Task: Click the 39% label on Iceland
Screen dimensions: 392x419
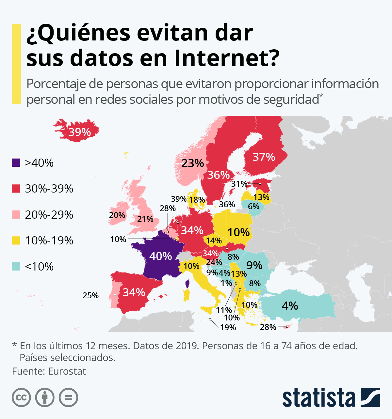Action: [80, 132]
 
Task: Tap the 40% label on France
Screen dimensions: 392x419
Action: [160, 256]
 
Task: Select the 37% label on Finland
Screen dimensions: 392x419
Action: [264, 157]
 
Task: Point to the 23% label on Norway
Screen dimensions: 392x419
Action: [193, 163]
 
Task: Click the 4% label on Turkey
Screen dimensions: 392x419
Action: [290, 305]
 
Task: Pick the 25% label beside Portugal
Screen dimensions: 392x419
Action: [90, 295]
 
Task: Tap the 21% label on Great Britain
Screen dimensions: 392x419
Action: [145, 219]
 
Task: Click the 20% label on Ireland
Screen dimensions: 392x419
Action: [117, 215]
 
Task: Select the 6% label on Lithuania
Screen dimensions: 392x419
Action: [253, 206]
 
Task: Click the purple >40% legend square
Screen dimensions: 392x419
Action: [16, 163]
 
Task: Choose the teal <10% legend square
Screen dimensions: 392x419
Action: [16, 267]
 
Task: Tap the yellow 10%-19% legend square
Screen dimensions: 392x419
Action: [16, 240]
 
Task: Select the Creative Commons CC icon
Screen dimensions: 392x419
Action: [21, 397]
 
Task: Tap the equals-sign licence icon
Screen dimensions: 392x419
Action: [68, 397]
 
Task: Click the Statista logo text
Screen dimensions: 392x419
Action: [319, 397]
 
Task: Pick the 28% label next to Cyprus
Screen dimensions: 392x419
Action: [268, 327]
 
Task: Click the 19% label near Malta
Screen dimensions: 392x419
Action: [228, 327]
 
